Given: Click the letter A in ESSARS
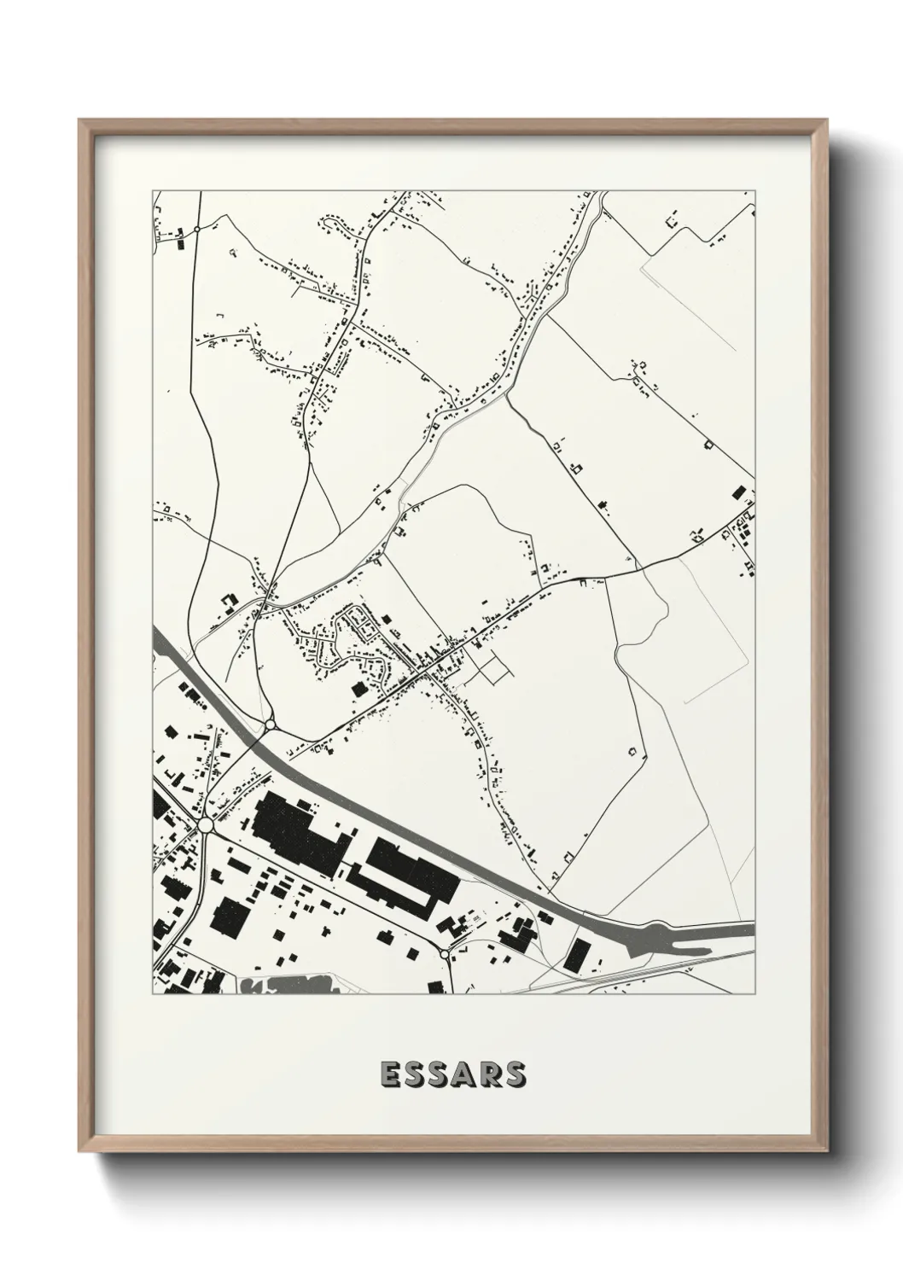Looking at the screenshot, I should pyautogui.click(x=453, y=1074).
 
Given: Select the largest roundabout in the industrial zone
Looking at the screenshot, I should pyautogui.click(x=205, y=825).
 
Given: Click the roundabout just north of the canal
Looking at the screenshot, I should pyautogui.click(x=270, y=725).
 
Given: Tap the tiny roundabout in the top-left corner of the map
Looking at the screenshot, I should pyautogui.click(x=196, y=230).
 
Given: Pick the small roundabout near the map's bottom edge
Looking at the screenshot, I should pyautogui.click(x=445, y=953).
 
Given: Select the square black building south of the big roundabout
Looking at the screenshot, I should pyautogui.click(x=229, y=914).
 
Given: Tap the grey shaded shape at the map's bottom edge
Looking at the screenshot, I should pyautogui.click(x=290, y=986).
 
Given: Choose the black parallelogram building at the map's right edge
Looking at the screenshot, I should pyautogui.click(x=738, y=491).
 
